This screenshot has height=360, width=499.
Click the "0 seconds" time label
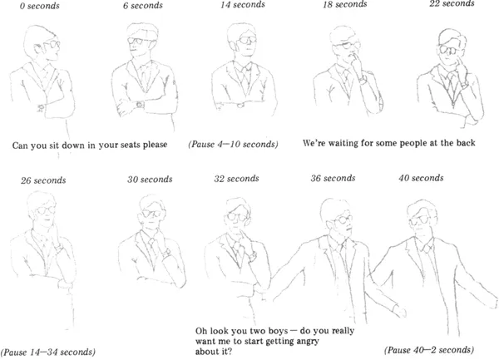click(x=39, y=6)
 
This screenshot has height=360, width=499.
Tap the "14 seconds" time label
click(x=243, y=5)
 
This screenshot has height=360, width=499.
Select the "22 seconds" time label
click(x=452, y=3)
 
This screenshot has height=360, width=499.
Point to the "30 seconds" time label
click(x=150, y=180)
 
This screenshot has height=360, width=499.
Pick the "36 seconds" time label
click(x=333, y=178)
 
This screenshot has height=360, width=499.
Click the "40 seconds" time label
click(x=421, y=178)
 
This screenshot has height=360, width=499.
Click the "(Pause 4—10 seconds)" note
click(x=233, y=144)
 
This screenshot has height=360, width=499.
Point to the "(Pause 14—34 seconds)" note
click(x=48, y=352)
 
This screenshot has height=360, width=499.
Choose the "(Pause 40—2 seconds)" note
click(x=429, y=350)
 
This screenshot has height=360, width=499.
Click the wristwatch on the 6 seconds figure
click(x=140, y=104)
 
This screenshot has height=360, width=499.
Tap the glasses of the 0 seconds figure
click(x=51, y=44)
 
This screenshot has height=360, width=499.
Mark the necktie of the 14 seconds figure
click(x=245, y=79)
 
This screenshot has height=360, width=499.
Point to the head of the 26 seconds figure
click(x=42, y=209)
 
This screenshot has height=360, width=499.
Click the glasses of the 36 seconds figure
click(x=342, y=220)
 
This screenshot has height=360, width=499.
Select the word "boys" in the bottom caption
click(x=279, y=331)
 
